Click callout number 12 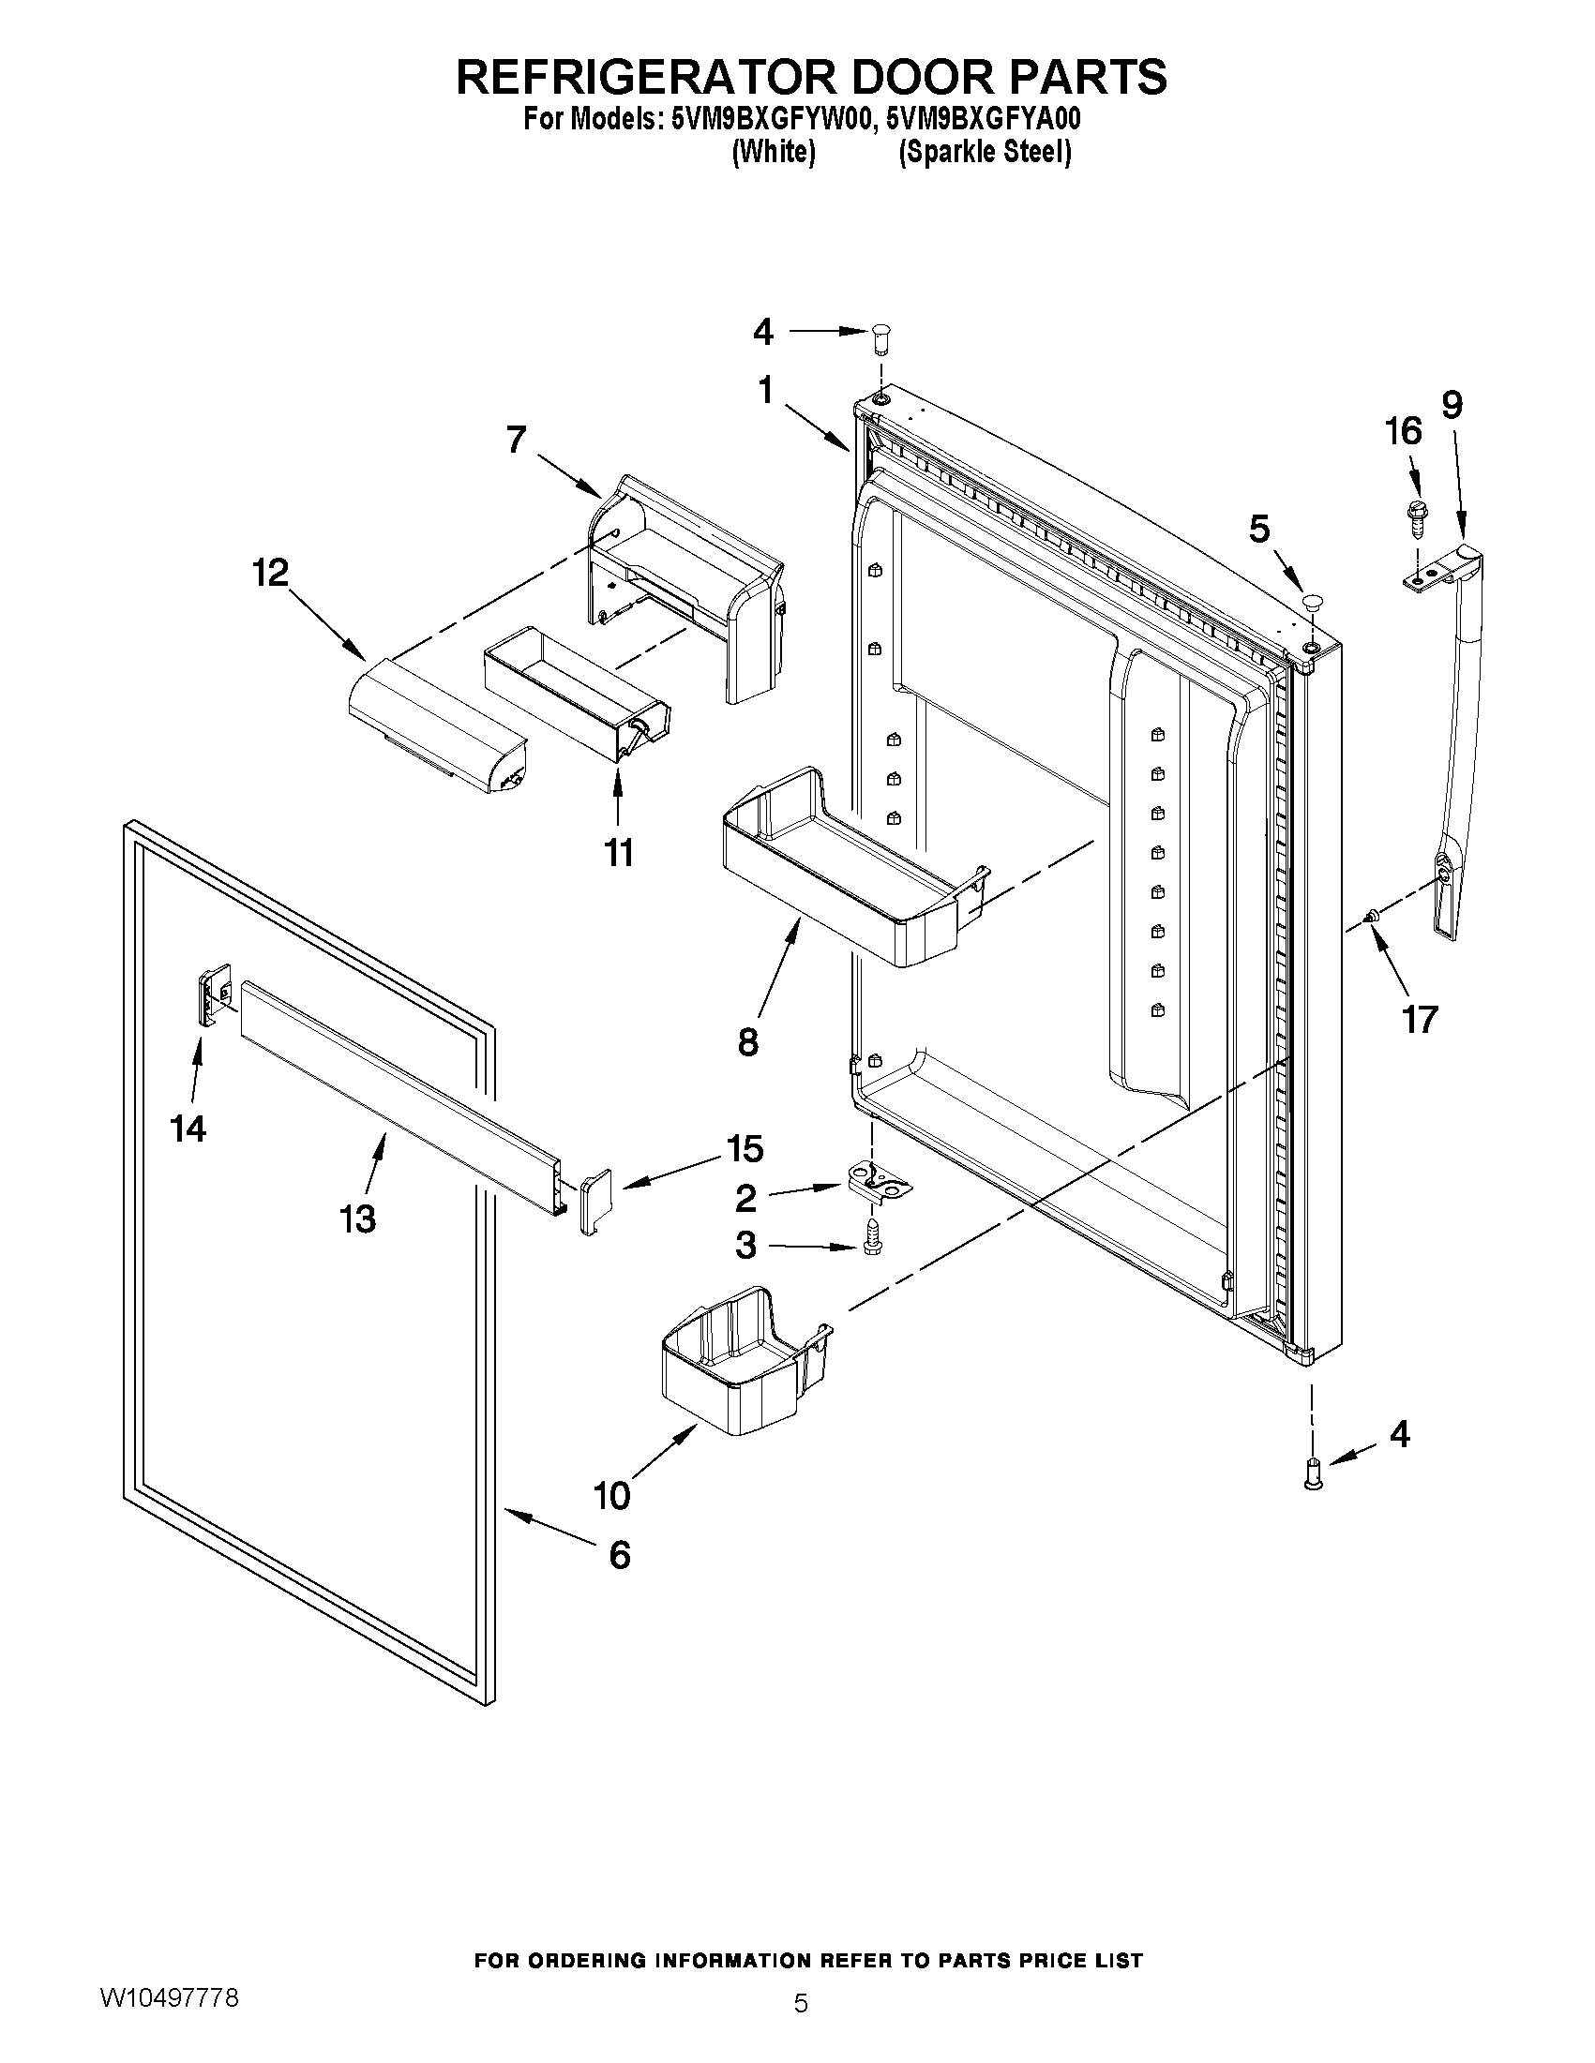pos(270,574)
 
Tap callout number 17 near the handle pos(1420,1019)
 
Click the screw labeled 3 pos(870,1239)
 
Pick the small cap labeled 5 pos(1313,601)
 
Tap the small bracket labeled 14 pos(215,993)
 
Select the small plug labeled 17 pos(1371,914)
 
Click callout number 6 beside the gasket pos(619,1554)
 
